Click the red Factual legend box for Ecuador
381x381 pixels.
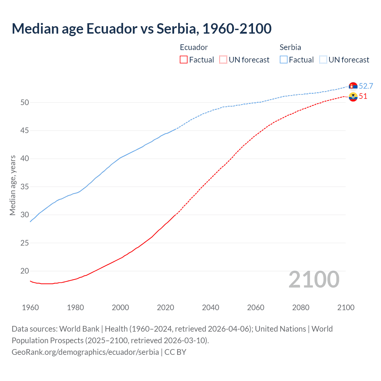(x=184, y=60)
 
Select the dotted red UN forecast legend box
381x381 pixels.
(x=223, y=60)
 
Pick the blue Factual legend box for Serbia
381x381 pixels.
(x=284, y=60)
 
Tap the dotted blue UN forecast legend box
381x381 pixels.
(x=323, y=60)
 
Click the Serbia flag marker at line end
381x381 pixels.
(x=353, y=86)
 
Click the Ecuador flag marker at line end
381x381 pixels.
(x=353, y=97)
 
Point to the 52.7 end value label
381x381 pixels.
(x=366, y=86)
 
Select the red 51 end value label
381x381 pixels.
(x=363, y=96)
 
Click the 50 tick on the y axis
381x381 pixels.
(x=25, y=102)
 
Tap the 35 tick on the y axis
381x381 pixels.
(x=25, y=187)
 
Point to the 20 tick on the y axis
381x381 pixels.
(x=25, y=271)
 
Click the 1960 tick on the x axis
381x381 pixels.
(x=30, y=307)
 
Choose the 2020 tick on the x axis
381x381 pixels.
(x=165, y=307)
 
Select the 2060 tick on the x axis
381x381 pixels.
(x=256, y=307)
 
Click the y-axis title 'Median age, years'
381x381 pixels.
(x=13, y=185)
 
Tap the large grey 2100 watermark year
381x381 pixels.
(x=314, y=279)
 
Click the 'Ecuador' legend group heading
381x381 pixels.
(x=194, y=47)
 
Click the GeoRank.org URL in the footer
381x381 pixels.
(x=85, y=352)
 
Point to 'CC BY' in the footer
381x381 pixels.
(x=175, y=352)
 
